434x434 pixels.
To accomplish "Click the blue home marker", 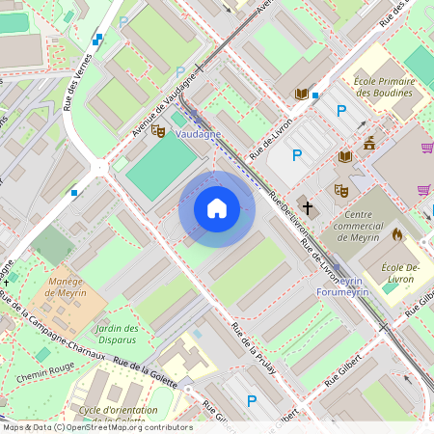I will coord(217,208).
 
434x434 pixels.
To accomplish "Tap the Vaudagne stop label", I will coord(198,135).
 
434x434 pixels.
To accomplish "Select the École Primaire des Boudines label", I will coord(384,87).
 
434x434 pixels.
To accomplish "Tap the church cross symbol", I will coord(306,206).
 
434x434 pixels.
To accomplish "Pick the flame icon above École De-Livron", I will coord(396,234).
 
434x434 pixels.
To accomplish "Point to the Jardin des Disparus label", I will coord(118,335).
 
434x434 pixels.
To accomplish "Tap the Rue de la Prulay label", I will coord(253,342).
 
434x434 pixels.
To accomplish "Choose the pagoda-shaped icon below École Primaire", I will coord(368,143).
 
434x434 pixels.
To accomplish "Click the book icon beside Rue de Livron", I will coord(302,94).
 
